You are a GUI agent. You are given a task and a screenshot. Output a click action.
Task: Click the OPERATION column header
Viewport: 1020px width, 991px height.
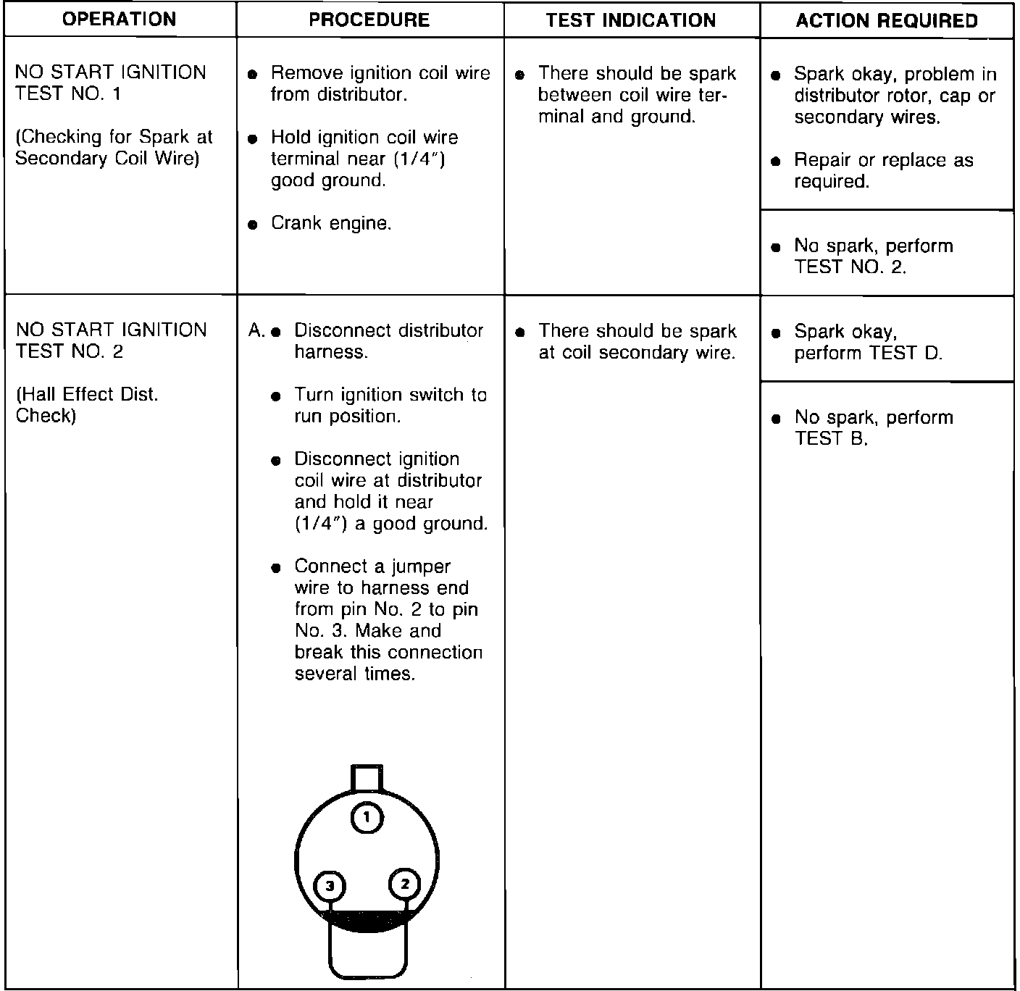(x=120, y=20)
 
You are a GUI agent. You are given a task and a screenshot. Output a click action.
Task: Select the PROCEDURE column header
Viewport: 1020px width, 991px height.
(x=369, y=20)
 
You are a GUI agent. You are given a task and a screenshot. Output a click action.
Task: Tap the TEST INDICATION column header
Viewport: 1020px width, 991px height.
(x=631, y=20)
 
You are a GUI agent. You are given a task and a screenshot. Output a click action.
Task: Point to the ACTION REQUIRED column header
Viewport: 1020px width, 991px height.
(x=887, y=21)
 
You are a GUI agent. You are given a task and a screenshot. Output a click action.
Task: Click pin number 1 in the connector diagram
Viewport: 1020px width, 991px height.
(x=367, y=818)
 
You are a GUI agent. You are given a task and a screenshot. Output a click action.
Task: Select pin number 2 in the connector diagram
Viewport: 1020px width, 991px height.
(x=405, y=884)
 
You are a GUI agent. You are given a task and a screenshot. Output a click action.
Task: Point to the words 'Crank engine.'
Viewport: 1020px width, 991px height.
(x=331, y=223)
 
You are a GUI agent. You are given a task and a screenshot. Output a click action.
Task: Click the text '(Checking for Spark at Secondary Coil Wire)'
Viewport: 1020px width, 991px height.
(x=114, y=148)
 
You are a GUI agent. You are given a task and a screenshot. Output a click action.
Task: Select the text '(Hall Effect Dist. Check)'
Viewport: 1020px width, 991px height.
(x=87, y=405)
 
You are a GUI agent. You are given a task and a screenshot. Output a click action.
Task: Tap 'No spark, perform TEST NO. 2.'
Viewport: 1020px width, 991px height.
(x=873, y=256)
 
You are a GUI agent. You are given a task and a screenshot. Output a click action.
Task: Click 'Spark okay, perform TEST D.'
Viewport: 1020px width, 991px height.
(x=868, y=343)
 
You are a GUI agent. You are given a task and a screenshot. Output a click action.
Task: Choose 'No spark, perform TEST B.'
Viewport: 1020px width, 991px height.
(x=873, y=428)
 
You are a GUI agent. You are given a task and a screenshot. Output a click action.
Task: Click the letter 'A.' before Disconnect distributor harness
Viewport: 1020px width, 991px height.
(x=256, y=331)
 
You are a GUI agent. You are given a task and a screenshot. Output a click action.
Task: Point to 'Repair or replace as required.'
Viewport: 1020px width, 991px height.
(x=883, y=171)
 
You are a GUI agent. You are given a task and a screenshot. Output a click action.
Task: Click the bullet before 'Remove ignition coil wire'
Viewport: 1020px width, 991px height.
(x=252, y=74)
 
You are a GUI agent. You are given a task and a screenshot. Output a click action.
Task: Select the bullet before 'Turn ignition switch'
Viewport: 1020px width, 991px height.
(x=275, y=396)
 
